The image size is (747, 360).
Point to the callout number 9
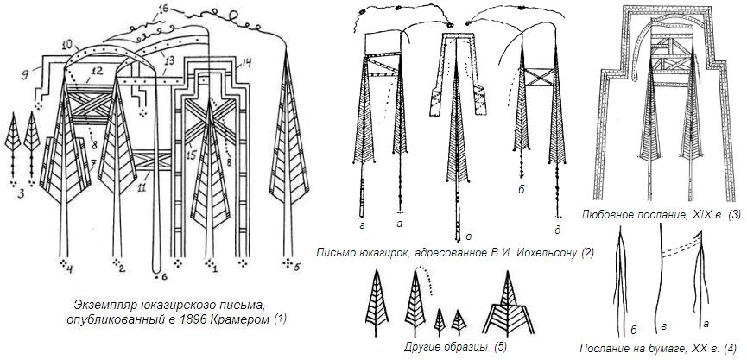pos(24,75)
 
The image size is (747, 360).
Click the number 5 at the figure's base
pos(297,268)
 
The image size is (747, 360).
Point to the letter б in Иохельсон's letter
pos(522,189)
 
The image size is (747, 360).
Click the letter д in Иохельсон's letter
pos(557,231)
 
